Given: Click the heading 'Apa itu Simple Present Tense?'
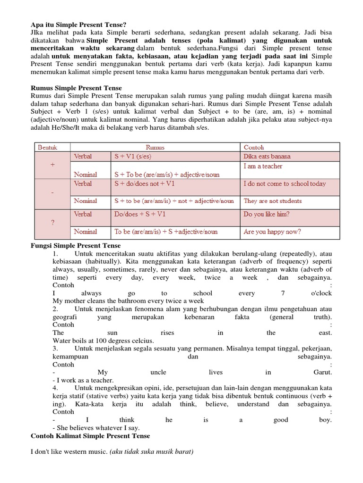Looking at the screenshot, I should [79, 25].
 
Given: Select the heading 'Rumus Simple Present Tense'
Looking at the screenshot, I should [76, 88].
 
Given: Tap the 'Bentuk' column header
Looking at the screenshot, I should [47, 147].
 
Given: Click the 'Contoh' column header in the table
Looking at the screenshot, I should [254, 147].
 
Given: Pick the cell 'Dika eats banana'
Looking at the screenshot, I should [267, 156].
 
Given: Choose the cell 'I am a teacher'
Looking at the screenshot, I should [263, 166].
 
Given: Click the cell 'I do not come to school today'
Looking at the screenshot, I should [285, 183].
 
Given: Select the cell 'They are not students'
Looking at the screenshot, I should [273, 201].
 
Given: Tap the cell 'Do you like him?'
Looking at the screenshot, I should [267, 214].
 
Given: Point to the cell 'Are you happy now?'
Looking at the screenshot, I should [272, 232].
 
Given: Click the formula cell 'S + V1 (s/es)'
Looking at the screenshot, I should [133, 156].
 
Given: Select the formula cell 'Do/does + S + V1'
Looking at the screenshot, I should [140, 214].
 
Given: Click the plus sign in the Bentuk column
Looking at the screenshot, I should [52, 166].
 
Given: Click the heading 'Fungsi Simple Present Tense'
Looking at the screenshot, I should [76, 246].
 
